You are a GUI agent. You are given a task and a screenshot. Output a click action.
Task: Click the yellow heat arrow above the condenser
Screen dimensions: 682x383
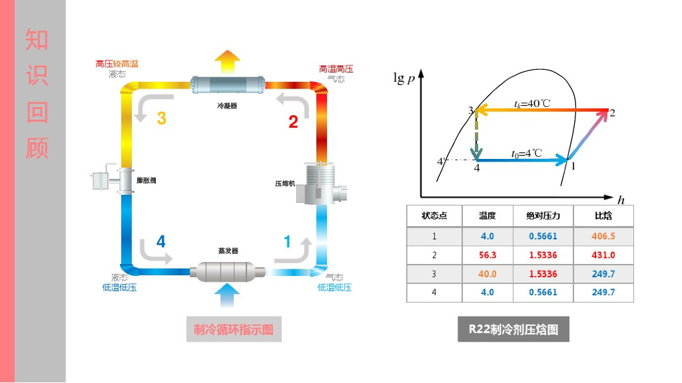(228, 62)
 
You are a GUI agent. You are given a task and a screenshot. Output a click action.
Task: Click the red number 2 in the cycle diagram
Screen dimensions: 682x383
(293, 122)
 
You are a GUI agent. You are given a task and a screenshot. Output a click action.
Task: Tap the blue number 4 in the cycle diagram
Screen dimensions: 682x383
(161, 242)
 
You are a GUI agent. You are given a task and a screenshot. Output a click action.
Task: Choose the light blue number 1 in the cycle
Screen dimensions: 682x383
(288, 242)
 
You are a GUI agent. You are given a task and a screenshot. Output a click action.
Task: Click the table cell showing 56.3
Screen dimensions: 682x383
(488, 255)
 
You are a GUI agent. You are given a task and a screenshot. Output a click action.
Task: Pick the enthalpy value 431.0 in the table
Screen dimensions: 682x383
(603, 255)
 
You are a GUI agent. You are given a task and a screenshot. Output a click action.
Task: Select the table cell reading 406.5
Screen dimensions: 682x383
(603, 236)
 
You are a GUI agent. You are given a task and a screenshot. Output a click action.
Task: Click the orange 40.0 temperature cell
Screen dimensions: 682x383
(488, 273)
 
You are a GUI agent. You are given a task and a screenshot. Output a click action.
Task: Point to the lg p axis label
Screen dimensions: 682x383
(404, 78)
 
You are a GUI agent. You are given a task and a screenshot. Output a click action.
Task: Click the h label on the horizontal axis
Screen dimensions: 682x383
(621, 199)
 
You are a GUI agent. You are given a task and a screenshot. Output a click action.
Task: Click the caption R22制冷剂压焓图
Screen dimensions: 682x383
(513, 329)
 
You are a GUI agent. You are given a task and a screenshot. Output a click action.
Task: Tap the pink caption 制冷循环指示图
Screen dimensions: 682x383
(234, 329)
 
